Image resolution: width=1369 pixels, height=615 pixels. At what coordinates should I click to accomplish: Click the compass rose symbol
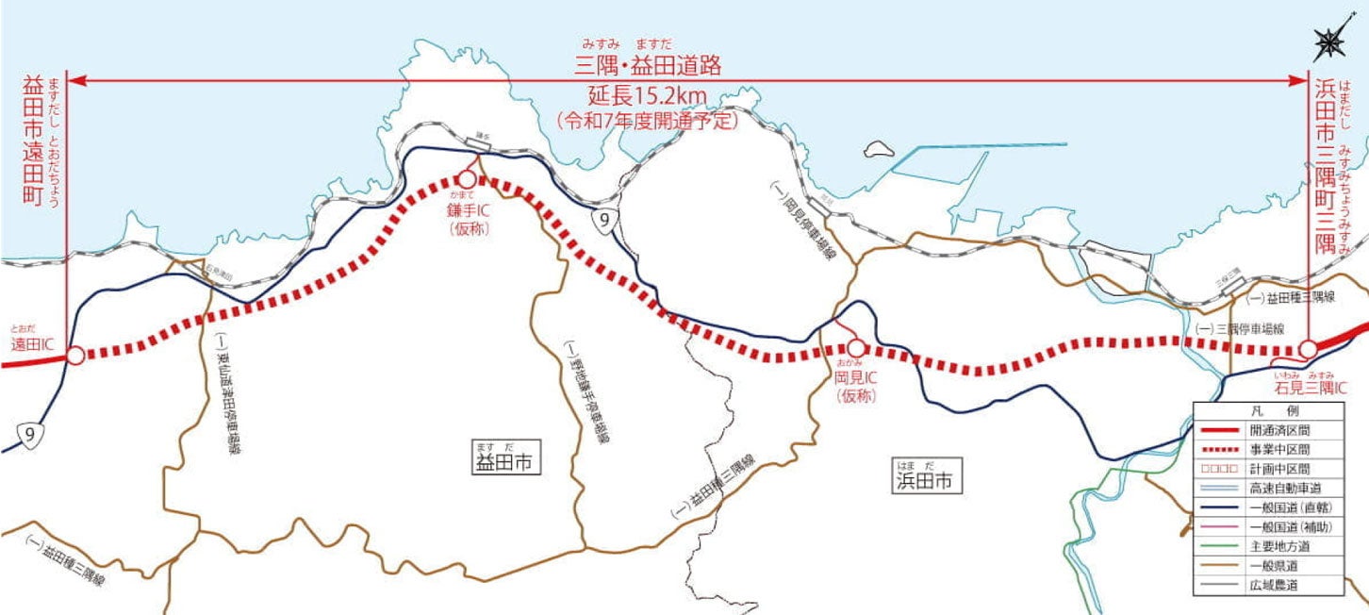point(1329,42)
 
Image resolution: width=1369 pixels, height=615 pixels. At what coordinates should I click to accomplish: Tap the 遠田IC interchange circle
point(75,356)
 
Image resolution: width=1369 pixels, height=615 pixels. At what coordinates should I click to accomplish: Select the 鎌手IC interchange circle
point(467,178)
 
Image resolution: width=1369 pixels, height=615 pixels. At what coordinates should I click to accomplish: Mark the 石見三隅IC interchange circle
point(1308,350)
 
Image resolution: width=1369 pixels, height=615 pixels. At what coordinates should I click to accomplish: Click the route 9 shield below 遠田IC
point(30,434)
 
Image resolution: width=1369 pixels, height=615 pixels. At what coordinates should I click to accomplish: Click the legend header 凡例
point(1264,411)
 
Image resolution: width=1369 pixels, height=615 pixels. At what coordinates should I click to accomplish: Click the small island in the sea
point(880,149)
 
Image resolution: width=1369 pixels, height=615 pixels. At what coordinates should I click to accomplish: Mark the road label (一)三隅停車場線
point(1240,329)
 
